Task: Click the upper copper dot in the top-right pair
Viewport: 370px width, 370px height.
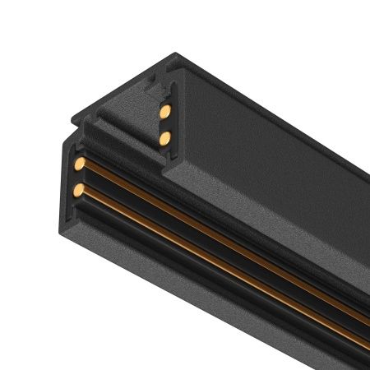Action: (164, 109)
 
